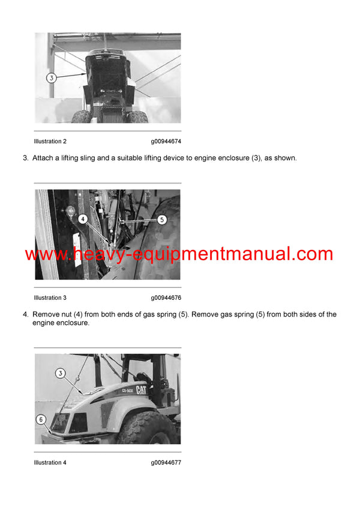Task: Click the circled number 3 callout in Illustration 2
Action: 52,78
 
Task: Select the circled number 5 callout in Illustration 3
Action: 162,220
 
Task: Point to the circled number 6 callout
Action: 41,420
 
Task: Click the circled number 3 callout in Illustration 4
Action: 60,374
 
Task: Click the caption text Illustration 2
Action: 50,141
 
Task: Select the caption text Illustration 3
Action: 50,298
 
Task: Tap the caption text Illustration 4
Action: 50,462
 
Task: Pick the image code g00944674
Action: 166,141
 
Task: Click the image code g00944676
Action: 166,298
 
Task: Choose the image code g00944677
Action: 166,462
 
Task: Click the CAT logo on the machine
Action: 141,390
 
